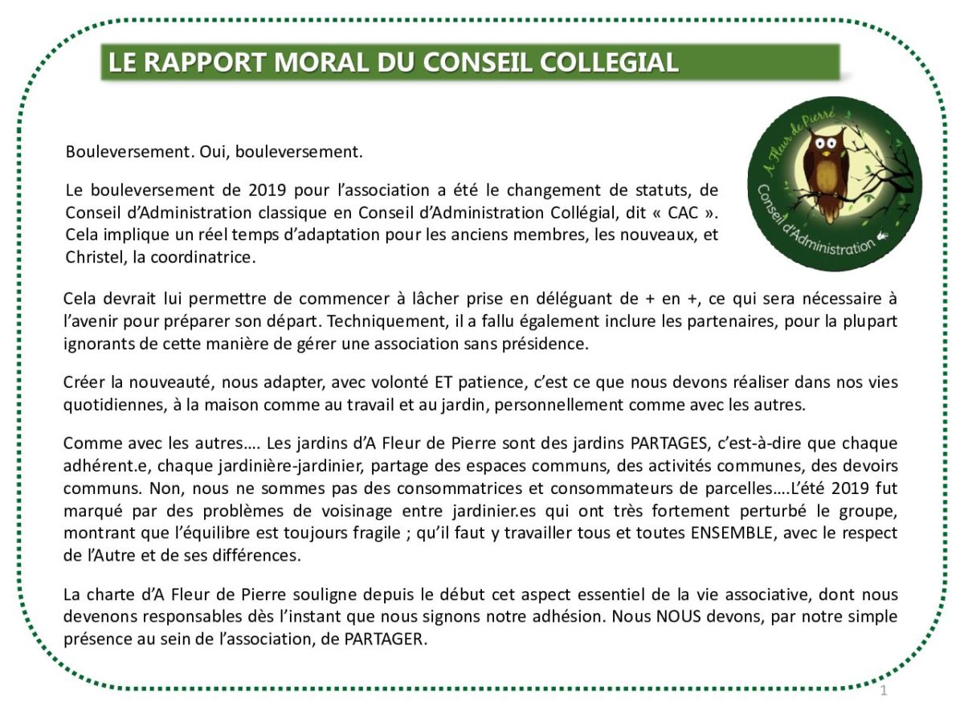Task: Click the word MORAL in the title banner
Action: pyautogui.click(x=317, y=63)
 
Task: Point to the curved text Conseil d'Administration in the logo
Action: pyautogui.click(x=811, y=225)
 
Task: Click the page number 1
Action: pyautogui.click(x=884, y=691)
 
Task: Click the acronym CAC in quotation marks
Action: pyautogui.click(x=682, y=213)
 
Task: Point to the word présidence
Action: pyautogui.click(x=553, y=344)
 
